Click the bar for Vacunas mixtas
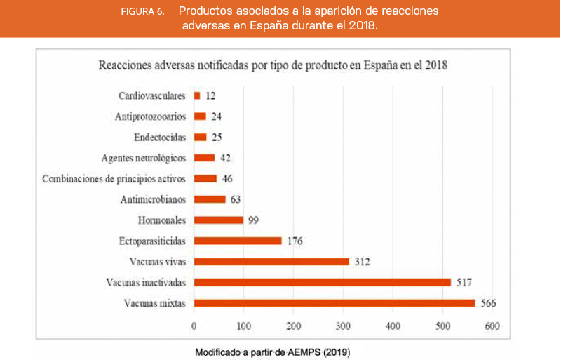(x=334, y=303)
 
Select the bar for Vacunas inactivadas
(x=322, y=282)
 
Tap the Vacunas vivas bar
(x=271, y=262)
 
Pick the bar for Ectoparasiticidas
(x=237, y=241)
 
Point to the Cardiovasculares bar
(x=197, y=95)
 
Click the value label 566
(x=488, y=303)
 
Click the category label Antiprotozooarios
(x=149, y=116)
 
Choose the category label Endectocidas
(x=160, y=137)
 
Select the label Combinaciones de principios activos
(x=114, y=178)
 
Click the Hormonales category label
(x=161, y=220)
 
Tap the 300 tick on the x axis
(x=343, y=326)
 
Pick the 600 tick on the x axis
(x=492, y=326)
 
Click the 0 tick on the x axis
(x=194, y=326)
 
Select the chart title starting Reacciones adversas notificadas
(x=273, y=66)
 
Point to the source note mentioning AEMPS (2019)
(x=272, y=352)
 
